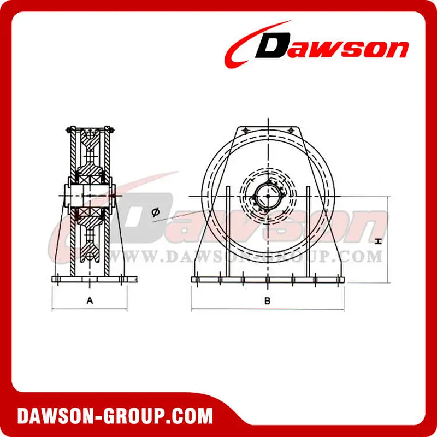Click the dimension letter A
90,300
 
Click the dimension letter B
267,301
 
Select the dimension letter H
378,241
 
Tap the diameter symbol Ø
156,212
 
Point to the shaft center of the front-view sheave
268,196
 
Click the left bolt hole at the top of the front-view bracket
245,131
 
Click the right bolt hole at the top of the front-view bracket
291,131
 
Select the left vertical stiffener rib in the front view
228,232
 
